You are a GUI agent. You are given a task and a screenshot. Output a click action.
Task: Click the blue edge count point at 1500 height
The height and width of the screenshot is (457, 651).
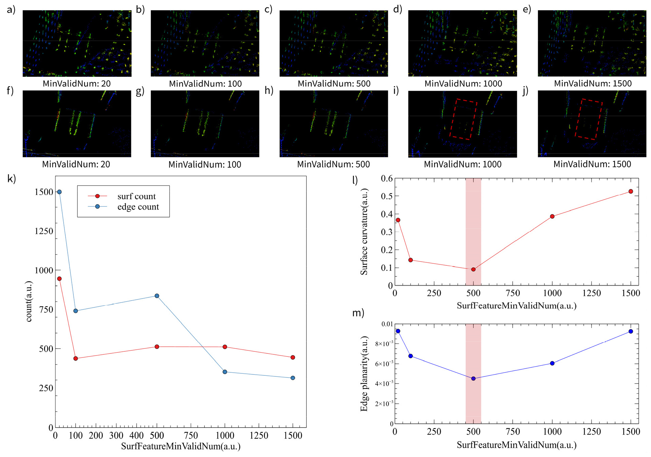coord(59,192)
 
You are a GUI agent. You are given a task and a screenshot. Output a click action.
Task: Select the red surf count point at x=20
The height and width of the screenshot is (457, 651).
coord(59,279)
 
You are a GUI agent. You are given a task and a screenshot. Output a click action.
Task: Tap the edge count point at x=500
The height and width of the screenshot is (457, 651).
coord(157,296)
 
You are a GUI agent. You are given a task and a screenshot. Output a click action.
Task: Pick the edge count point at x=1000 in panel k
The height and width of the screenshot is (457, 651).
coord(225,372)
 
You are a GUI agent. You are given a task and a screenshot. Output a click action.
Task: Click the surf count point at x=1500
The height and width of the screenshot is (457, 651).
coord(293,357)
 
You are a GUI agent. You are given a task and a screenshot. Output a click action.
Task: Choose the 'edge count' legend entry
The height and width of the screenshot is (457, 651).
coord(123,206)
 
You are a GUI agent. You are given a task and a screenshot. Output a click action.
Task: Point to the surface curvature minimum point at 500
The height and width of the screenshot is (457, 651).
coord(473,269)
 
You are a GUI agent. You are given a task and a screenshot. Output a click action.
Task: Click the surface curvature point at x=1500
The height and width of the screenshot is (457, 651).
coord(631,191)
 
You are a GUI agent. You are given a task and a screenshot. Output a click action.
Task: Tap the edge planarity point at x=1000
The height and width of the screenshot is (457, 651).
coord(552,363)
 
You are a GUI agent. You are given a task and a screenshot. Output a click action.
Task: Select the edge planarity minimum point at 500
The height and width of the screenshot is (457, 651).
coord(473,378)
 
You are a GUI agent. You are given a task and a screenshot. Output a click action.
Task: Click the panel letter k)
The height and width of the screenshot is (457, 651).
coord(12,178)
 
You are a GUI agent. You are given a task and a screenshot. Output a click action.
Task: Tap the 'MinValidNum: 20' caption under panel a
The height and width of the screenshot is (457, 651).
coord(76,84)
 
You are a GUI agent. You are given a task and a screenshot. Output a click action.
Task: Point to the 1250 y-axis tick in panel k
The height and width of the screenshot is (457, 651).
coord(44,231)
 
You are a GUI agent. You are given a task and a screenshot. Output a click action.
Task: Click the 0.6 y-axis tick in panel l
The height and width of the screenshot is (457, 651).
coord(387,178)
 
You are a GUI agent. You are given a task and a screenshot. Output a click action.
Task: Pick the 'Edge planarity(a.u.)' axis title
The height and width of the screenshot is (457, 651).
coord(364,374)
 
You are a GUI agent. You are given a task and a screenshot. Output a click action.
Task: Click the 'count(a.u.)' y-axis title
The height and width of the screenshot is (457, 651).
coord(29,301)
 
